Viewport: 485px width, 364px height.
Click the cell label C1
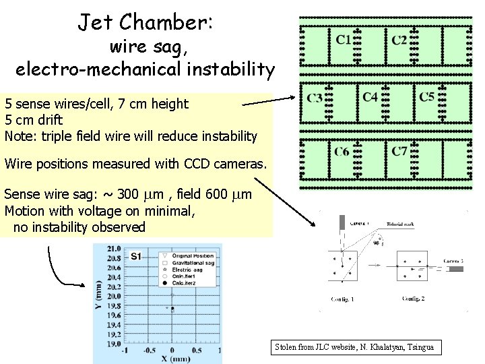pos(344,40)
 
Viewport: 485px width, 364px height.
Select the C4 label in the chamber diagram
pos(370,97)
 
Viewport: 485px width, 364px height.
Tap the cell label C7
pos(399,151)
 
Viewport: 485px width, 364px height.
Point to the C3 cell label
pos(315,98)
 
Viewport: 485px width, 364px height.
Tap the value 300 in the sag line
pos(128,195)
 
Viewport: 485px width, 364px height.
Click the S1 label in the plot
pos(136,256)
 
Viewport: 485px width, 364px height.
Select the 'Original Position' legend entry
pos(193,255)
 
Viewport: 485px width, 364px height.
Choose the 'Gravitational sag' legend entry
pos(193,263)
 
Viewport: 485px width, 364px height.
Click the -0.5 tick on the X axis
pos(147,351)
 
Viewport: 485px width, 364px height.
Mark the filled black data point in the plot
pos(172,309)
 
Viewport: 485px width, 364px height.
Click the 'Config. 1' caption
pos(343,299)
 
